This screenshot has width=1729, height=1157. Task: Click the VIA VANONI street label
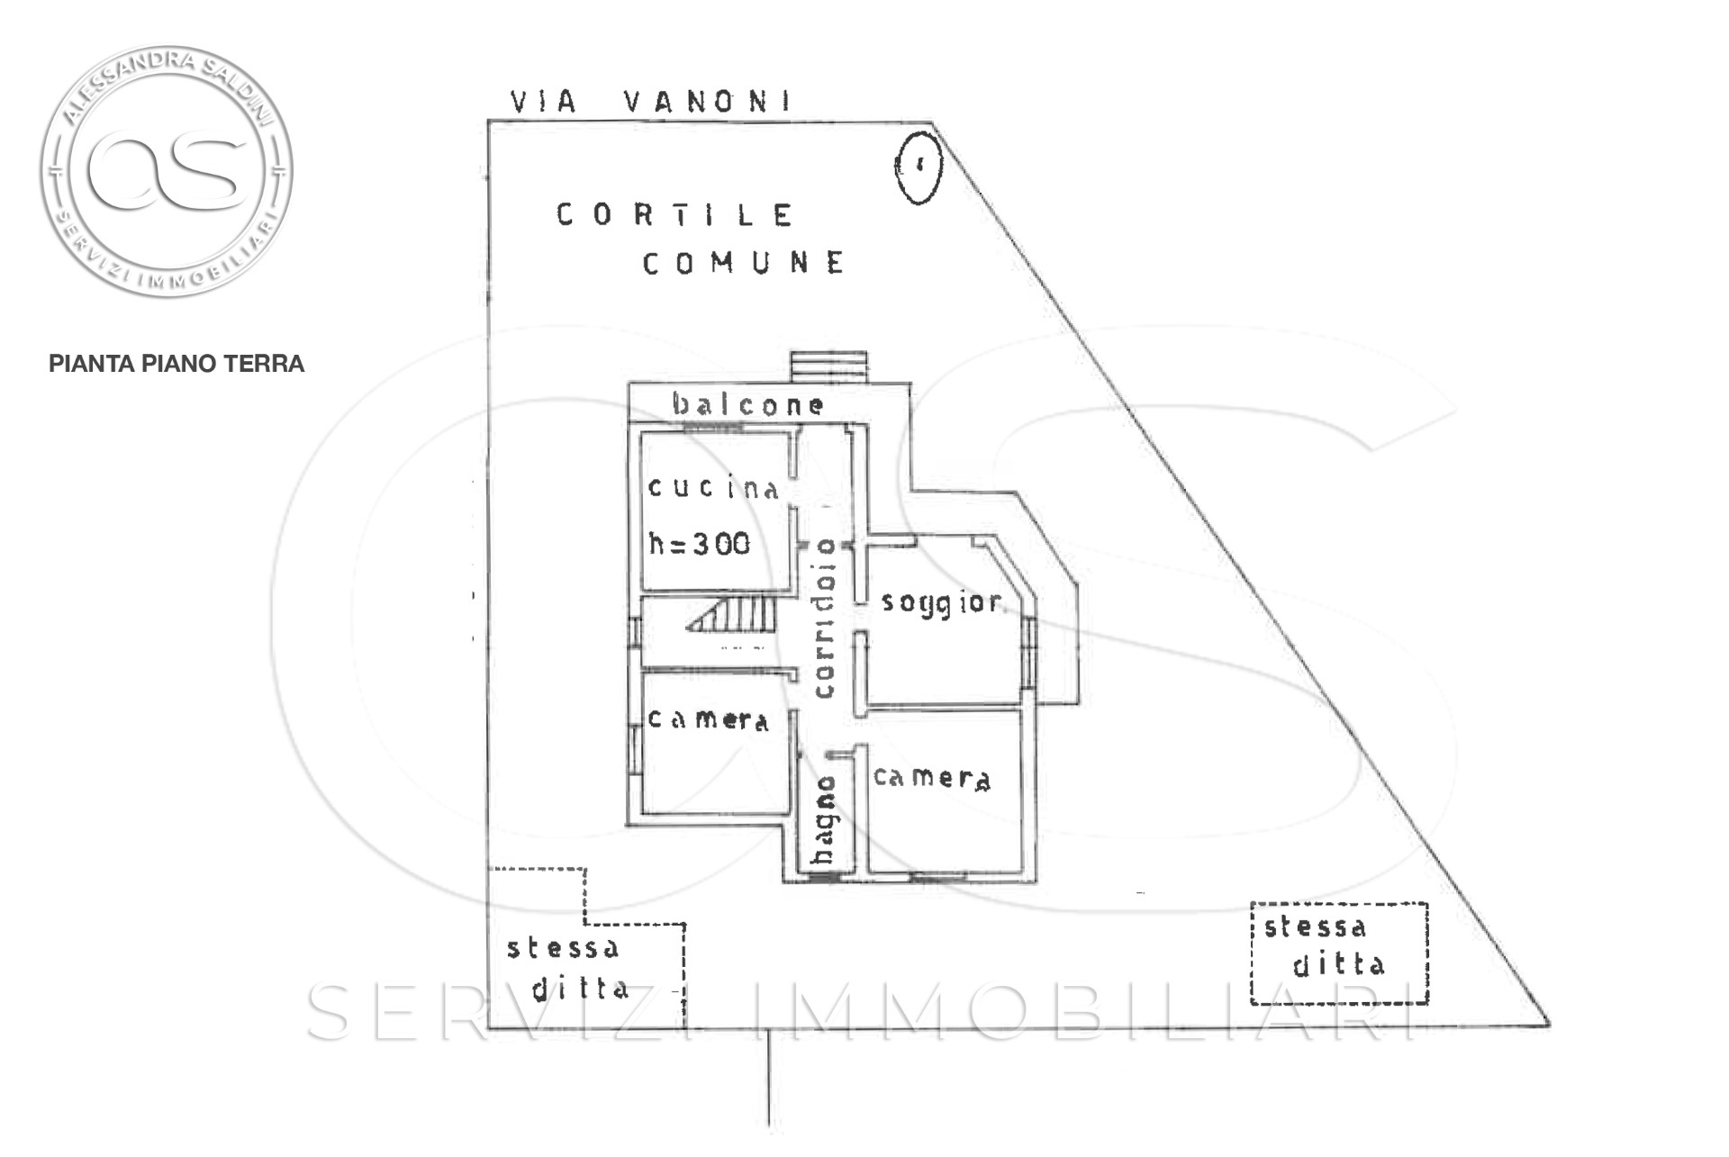(x=650, y=101)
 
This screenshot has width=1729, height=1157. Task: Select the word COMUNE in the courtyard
(x=744, y=263)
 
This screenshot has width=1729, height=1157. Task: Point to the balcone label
(x=748, y=405)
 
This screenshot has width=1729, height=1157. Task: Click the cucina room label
(x=713, y=488)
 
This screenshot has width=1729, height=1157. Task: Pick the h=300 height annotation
(x=700, y=543)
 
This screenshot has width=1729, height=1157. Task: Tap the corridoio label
(x=824, y=618)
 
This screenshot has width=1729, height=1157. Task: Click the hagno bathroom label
(x=824, y=820)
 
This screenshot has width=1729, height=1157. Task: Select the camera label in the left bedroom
(x=709, y=720)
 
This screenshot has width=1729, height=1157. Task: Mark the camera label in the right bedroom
(x=932, y=778)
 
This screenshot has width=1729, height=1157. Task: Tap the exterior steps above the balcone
(x=829, y=366)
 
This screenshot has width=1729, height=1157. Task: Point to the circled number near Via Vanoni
(x=919, y=166)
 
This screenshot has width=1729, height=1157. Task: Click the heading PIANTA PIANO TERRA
(x=177, y=364)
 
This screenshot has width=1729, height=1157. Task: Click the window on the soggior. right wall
(x=1028, y=651)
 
